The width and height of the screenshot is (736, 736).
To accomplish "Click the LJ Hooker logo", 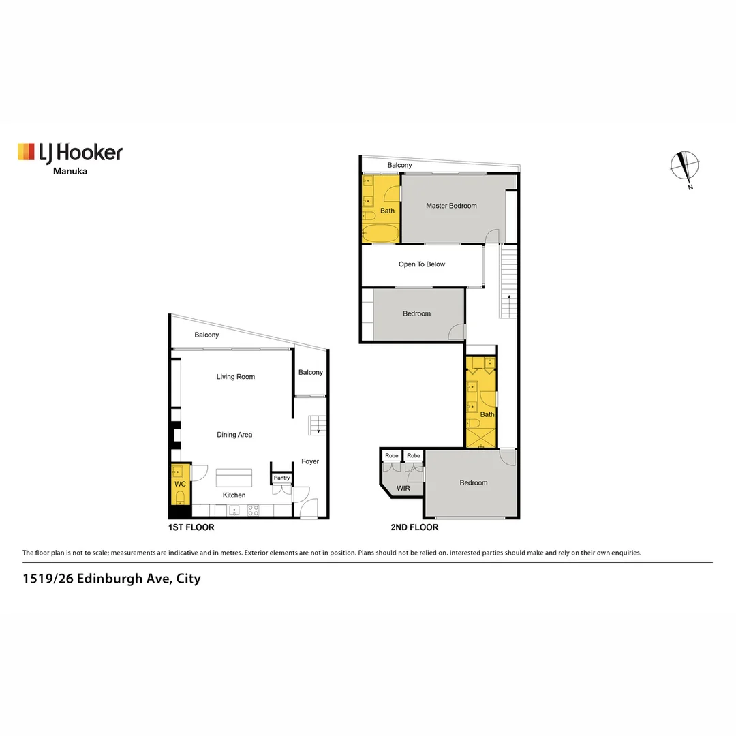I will [70, 152].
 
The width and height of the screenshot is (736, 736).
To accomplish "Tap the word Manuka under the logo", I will [70, 172].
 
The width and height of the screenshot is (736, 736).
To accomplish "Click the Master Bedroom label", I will [451, 206].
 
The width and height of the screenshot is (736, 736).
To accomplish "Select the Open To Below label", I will [422, 264].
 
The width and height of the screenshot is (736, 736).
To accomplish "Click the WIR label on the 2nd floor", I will [403, 488].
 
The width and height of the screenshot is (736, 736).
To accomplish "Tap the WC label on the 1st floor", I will [180, 484].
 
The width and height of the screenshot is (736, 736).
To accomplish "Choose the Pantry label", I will [281, 478].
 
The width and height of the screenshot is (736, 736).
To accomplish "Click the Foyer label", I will [310, 462].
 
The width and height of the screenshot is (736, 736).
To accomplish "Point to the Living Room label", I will [236, 377].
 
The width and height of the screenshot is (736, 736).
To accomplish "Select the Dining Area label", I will [234, 435].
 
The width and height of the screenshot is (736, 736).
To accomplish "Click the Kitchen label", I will [234, 495].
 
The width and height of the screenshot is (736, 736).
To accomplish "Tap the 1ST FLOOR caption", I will [191, 527].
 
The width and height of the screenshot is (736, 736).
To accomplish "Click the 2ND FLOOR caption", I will [414, 527].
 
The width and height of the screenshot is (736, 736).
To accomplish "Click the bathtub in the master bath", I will [380, 234].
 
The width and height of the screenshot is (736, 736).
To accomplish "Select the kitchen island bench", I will [234, 477].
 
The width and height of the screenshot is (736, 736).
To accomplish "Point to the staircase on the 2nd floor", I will [508, 283].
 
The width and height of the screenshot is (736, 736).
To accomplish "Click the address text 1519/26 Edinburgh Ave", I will [111, 579].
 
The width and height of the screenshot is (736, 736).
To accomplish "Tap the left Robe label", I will [391, 456].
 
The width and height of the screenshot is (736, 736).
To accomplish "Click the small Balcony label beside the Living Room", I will [311, 373].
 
